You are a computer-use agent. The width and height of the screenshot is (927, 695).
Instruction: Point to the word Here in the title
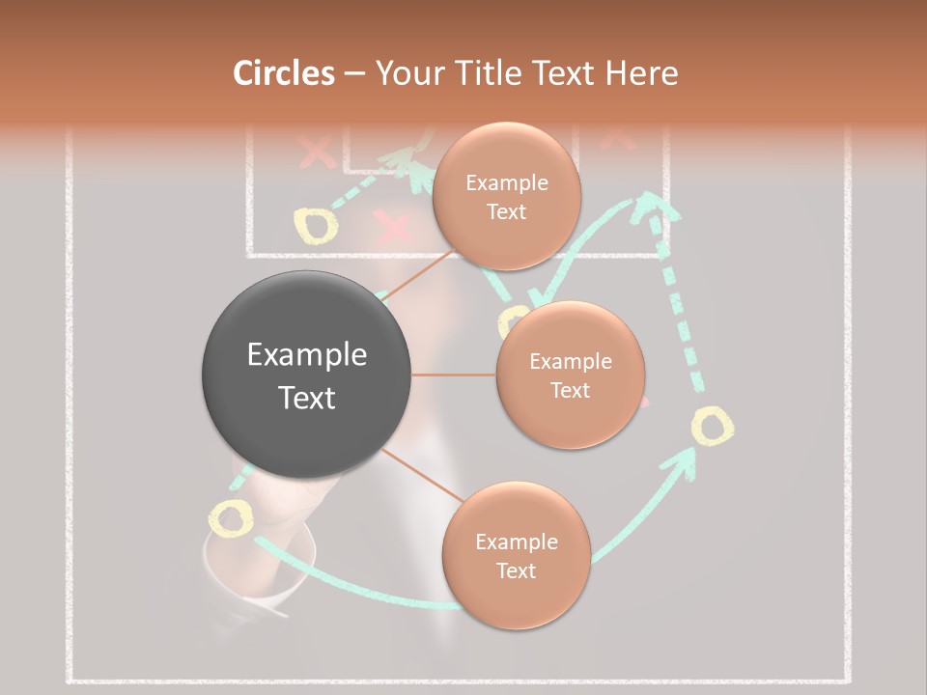(x=641, y=73)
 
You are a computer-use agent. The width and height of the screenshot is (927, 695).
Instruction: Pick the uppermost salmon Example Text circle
(x=506, y=196)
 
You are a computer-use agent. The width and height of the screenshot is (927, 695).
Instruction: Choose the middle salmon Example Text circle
(x=570, y=375)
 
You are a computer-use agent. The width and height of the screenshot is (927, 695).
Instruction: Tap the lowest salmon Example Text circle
(x=516, y=555)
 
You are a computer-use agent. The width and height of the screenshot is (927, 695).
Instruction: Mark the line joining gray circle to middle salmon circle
(x=454, y=375)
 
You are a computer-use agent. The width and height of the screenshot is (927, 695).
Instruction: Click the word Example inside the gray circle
(x=307, y=355)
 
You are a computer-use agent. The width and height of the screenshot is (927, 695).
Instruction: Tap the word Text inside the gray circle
(x=307, y=398)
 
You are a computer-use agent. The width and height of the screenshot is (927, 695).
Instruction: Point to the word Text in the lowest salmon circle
(x=516, y=570)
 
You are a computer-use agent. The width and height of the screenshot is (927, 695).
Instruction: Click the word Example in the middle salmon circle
(x=570, y=361)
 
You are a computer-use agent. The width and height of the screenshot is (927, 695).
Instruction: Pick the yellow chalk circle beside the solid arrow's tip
(x=712, y=426)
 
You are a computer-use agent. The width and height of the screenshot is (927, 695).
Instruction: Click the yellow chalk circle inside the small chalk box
(x=316, y=225)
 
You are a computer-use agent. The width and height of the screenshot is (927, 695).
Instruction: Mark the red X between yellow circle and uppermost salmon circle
(x=392, y=229)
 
